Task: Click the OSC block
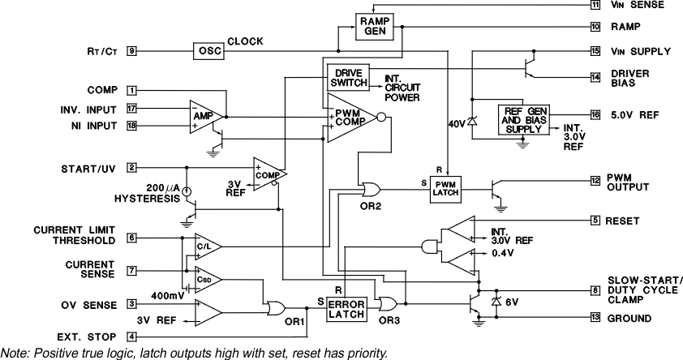click(x=205, y=50)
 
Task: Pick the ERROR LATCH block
click(x=346, y=309)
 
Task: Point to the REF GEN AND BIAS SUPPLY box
click(x=522, y=120)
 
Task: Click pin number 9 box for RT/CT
click(x=131, y=50)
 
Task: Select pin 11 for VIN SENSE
click(x=595, y=5)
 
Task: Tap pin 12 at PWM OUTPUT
click(x=595, y=180)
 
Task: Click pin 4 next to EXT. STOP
click(x=131, y=336)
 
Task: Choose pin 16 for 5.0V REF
click(x=595, y=115)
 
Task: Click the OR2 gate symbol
click(x=372, y=190)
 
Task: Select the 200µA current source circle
click(x=187, y=192)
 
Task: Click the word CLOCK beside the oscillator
click(x=244, y=41)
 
